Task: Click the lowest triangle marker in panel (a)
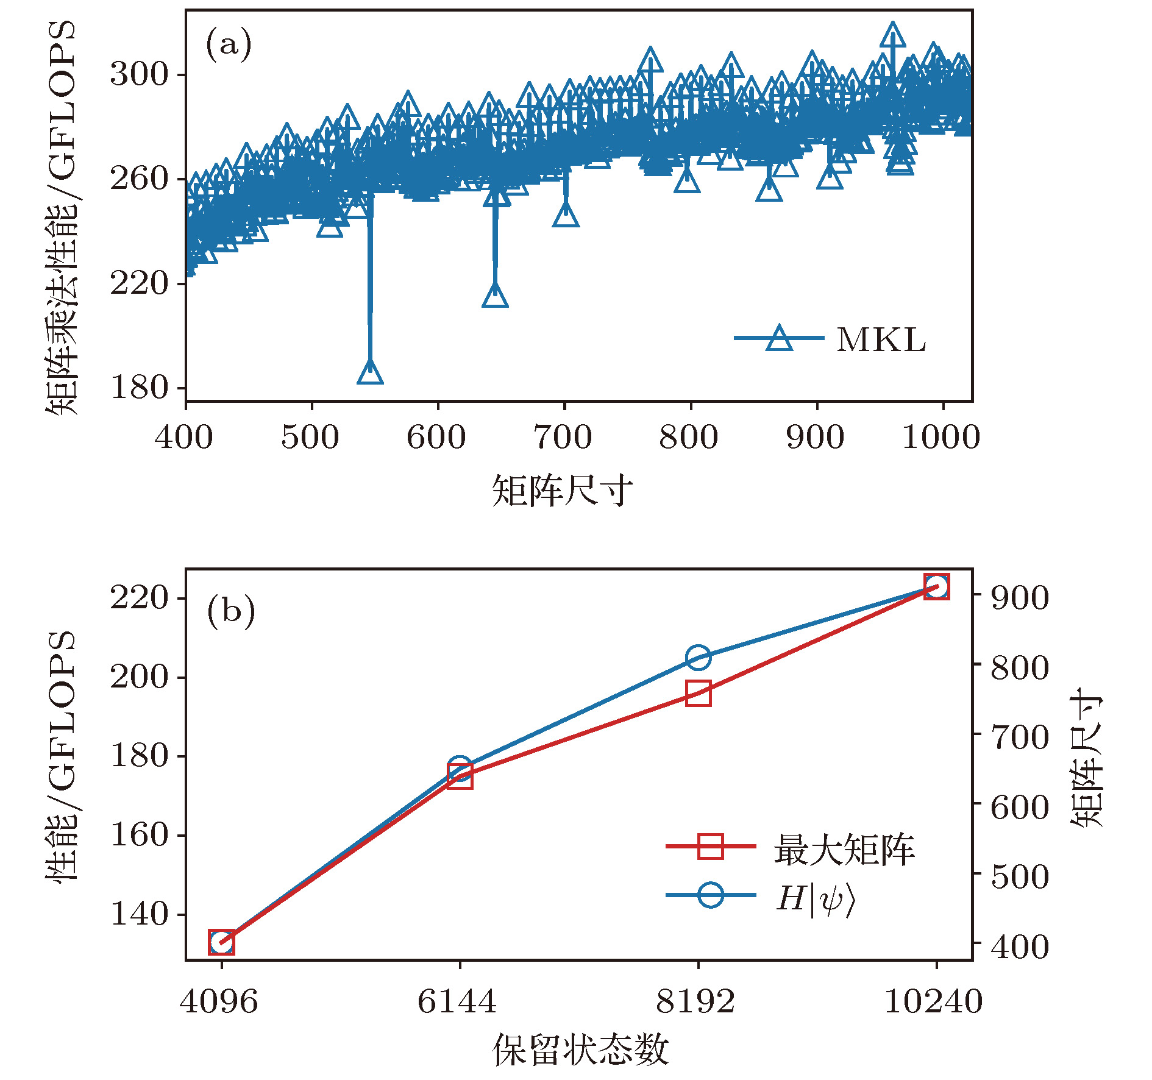coord(370,372)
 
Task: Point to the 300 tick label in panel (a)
coord(138,74)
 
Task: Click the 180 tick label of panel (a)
coord(138,388)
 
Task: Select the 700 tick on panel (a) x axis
coord(563,438)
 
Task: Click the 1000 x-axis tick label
coord(941,438)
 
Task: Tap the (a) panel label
coord(228,44)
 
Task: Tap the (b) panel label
coord(230,611)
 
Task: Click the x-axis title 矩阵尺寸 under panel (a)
coord(562,491)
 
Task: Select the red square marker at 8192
coord(698,694)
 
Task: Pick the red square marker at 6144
coord(460,776)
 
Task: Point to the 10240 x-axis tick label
coord(933,1002)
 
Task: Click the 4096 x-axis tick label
coord(219,1002)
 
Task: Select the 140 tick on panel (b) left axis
coord(138,914)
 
